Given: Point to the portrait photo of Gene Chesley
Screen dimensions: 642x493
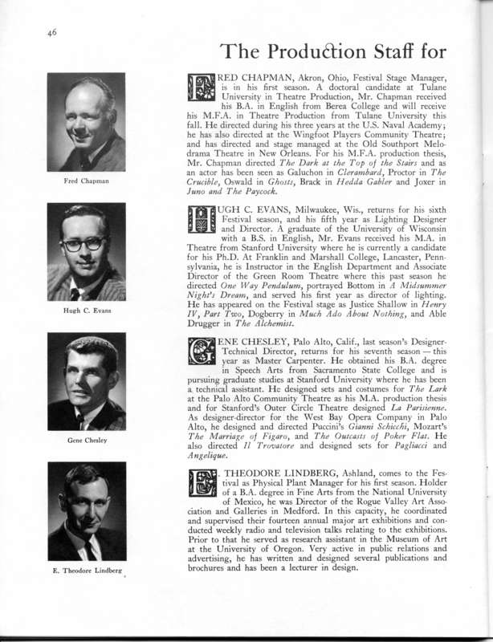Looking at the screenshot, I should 87,387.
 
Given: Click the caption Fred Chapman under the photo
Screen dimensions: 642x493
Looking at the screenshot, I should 87,181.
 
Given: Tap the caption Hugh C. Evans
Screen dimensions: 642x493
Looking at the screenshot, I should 87,307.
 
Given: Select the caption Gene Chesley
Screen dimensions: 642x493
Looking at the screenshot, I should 87,440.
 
